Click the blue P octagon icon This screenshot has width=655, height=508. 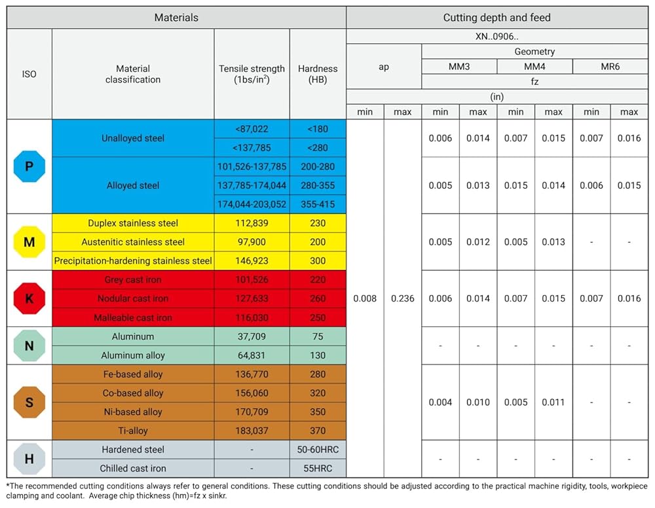pos(29,166)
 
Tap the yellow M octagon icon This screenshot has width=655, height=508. pos(29,242)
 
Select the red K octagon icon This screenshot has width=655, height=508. pos(29,298)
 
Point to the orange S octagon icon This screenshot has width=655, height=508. pos(29,402)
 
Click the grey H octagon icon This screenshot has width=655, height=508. pos(29,459)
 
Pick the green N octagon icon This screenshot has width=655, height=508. pos(29,346)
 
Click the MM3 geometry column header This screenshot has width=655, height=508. pos(459,66)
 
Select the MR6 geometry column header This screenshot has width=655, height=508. pos(610,66)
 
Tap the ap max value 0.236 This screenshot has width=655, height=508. pos(403,298)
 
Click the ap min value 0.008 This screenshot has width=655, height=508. pos(365,298)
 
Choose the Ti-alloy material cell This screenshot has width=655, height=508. pos(133,431)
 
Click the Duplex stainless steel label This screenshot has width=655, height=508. pos(133,224)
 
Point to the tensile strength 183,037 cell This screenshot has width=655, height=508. pos(252,431)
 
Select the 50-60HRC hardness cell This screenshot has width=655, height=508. pos(318,450)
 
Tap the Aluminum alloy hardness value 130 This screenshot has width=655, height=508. pos(318,355)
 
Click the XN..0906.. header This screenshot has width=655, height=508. pos(496,36)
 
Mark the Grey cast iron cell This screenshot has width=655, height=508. pos(133,280)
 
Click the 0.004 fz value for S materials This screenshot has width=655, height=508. pos(440,402)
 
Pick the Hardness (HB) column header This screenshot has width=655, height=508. pos(318,74)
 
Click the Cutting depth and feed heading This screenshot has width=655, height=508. pos(496,18)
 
